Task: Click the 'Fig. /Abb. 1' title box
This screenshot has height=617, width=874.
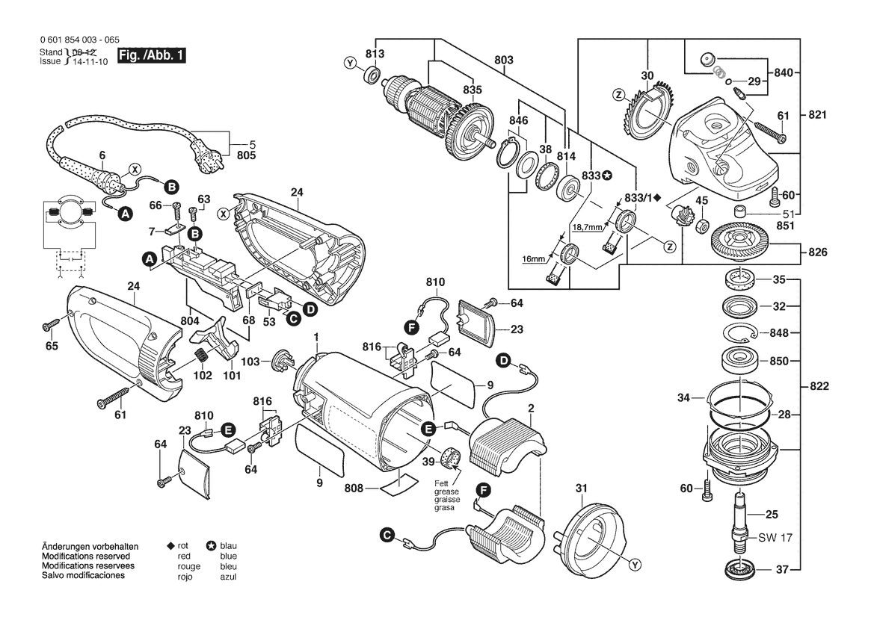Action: pyautogui.click(x=150, y=56)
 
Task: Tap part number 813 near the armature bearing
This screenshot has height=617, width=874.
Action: pyautogui.click(x=375, y=54)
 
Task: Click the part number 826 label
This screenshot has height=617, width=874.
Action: pyautogui.click(x=818, y=252)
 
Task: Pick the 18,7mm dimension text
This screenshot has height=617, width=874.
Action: pyautogui.click(x=588, y=227)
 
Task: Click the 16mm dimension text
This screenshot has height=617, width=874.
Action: pyautogui.click(x=533, y=259)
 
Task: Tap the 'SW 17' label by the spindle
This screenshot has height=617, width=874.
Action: pyautogui.click(x=775, y=538)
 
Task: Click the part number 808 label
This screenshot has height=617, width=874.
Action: pyautogui.click(x=354, y=489)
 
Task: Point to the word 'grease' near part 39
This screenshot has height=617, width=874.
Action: pyautogui.click(x=446, y=492)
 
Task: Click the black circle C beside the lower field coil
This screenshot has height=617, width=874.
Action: pyautogui.click(x=386, y=535)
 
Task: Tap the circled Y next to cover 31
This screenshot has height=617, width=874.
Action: pyautogui.click(x=634, y=565)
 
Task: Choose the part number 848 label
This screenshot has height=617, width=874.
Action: pyautogui.click(x=779, y=333)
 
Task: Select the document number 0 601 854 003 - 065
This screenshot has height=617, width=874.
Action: pyautogui.click(x=80, y=40)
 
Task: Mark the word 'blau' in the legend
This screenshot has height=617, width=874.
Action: pyautogui.click(x=228, y=546)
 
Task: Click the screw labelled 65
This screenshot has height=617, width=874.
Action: pyautogui.click(x=49, y=324)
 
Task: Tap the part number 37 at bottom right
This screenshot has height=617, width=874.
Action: pyautogui.click(x=783, y=570)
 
